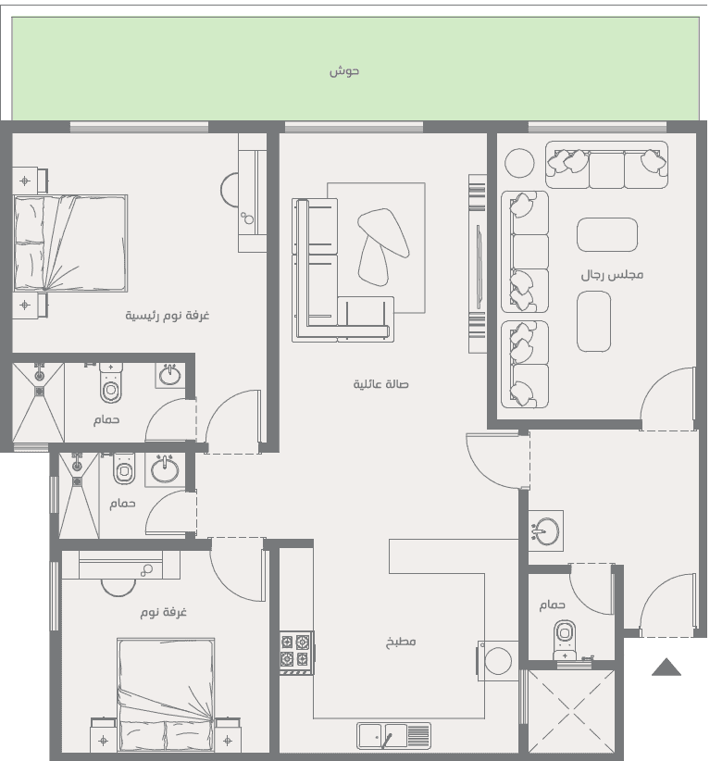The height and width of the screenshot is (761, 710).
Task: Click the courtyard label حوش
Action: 344,71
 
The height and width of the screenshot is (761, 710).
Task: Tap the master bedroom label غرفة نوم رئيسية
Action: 167,316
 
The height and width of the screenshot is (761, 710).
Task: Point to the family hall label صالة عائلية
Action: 380,384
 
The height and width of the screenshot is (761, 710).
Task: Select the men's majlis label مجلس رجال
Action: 612,275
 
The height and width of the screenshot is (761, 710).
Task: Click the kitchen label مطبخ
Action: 401,642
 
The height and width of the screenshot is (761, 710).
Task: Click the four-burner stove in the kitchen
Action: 296,653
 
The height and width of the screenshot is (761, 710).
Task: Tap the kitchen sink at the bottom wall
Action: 393,736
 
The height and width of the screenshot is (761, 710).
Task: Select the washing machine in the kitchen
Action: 497,660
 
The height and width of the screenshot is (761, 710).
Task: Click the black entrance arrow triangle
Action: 666,667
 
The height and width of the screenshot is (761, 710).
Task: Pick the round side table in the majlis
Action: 519,163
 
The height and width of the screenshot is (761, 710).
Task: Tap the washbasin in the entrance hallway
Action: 545,530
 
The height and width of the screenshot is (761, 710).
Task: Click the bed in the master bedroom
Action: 70,243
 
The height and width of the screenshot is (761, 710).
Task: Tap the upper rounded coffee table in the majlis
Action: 607,234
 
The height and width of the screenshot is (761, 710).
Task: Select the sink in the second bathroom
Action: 165,469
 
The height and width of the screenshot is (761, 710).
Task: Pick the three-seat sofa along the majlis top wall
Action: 606,165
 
